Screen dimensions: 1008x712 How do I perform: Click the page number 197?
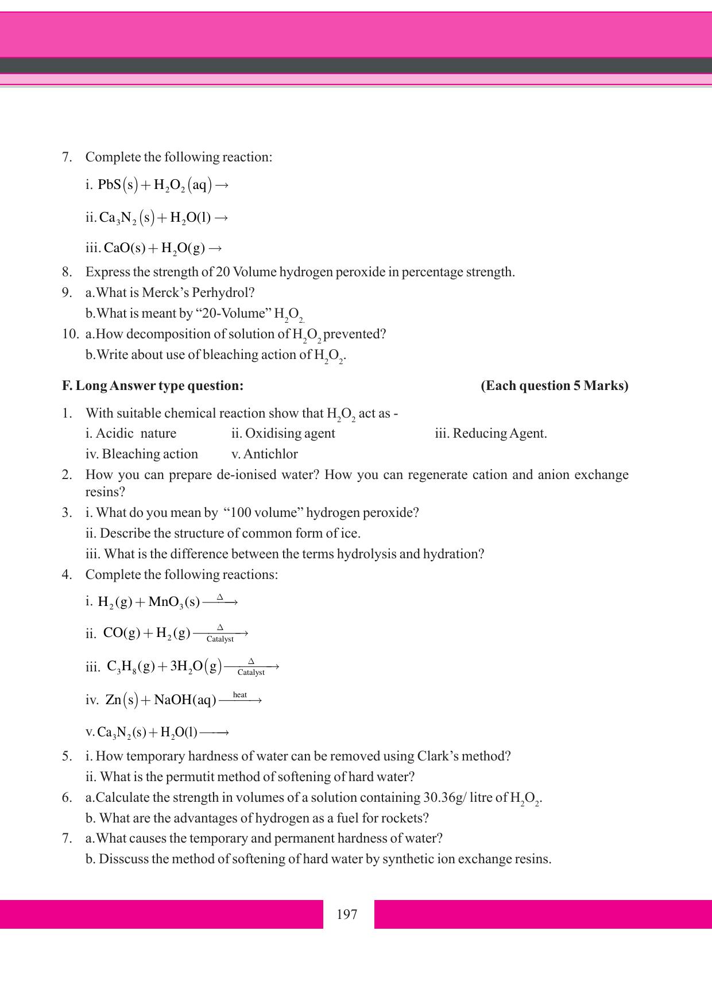[x=347, y=914]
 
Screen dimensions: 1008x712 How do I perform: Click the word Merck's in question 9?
[x=164, y=292]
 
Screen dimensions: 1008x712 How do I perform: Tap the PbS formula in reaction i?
[x=110, y=184]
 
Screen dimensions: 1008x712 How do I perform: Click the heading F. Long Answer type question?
[x=153, y=385]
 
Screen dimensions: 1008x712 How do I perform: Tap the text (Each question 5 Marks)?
[x=554, y=385]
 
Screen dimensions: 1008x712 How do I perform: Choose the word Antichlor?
[x=270, y=454]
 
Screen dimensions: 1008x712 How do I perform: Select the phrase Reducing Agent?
[x=500, y=433]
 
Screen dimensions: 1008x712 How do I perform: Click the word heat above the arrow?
[x=240, y=695]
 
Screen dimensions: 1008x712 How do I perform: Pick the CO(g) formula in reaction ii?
[x=122, y=633]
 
